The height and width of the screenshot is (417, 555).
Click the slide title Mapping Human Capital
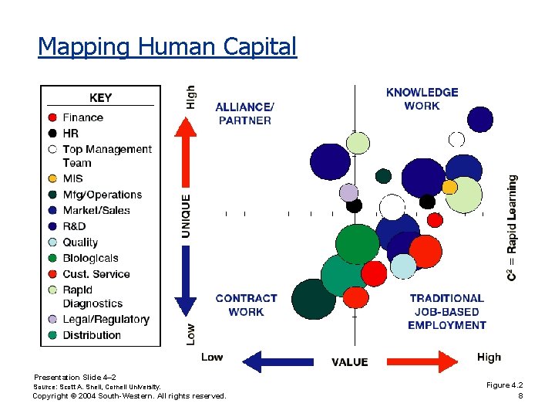[166, 47]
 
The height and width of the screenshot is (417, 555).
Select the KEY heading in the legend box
[100, 97]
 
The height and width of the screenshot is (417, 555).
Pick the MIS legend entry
[72, 178]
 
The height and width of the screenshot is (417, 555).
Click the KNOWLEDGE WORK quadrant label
[422, 99]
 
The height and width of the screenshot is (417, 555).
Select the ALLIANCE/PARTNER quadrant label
[244, 114]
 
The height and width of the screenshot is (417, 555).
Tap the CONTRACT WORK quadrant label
[246, 305]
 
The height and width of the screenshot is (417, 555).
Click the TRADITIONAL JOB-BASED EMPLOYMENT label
[446, 311]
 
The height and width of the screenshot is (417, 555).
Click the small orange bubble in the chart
[449, 187]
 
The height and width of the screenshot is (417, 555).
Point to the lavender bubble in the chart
[349, 192]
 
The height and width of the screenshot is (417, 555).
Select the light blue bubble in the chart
[403, 266]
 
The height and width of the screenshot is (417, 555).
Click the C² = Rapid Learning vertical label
[513, 228]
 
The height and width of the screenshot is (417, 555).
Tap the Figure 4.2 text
[504, 385]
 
